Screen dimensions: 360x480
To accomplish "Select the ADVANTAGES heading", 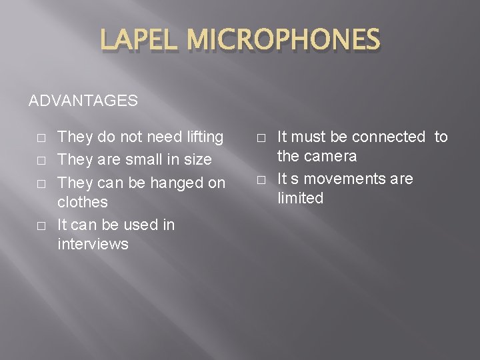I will point(83,101).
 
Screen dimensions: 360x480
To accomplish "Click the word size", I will point(197,160).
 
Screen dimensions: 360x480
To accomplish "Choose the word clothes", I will point(83,202).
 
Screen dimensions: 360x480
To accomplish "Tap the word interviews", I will point(93,244).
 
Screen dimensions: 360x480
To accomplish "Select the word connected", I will point(388,137).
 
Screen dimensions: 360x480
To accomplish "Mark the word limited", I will point(300,199).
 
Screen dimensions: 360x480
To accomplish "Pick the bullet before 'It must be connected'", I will point(260,138).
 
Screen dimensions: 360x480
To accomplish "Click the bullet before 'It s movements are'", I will point(260,180).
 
